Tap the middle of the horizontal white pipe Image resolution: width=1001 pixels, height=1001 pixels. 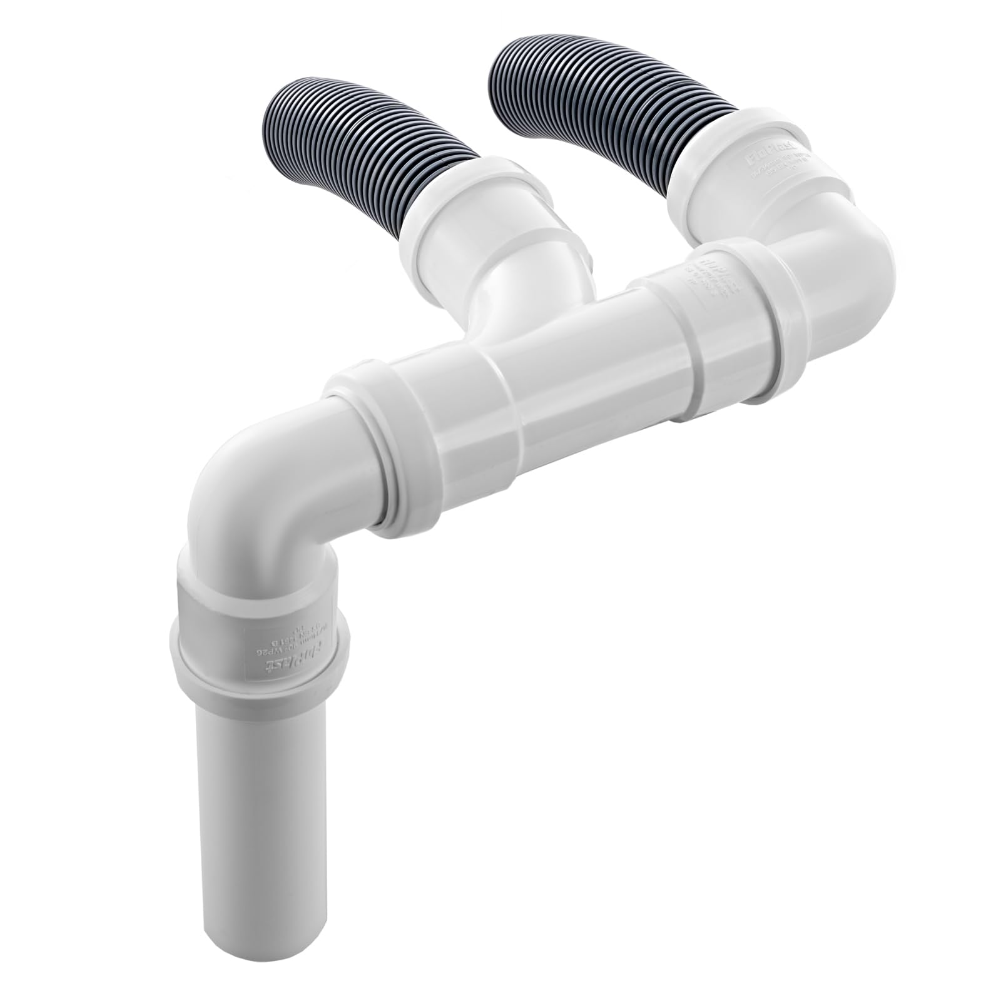[563, 388]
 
